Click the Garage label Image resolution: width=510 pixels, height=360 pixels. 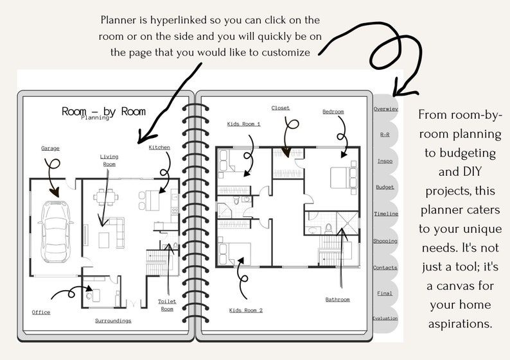click(x=50, y=148)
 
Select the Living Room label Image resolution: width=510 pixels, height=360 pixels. click(x=109, y=160)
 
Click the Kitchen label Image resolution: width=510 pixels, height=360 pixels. click(x=159, y=148)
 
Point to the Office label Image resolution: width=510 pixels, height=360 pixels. click(x=41, y=313)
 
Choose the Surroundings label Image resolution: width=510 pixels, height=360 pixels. click(x=113, y=320)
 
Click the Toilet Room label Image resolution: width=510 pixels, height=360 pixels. click(x=167, y=305)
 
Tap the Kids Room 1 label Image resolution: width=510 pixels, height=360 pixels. click(x=243, y=123)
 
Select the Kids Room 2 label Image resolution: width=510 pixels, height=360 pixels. click(x=246, y=310)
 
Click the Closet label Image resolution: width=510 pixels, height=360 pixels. click(x=281, y=108)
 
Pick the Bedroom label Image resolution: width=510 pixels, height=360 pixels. click(x=333, y=112)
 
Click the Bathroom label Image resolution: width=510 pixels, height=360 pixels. click(x=337, y=299)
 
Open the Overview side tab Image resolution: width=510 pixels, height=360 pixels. click(x=385, y=109)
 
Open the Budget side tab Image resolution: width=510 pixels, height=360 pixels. click(x=385, y=187)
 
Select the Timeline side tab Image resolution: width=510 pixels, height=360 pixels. click(x=385, y=214)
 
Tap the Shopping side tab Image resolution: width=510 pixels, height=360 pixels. click(x=385, y=241)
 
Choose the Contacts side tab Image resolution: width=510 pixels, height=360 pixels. click(x=385, y=268)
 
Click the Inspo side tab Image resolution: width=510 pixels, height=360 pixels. click(x=385, y=161)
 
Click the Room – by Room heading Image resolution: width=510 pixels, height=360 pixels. click(x=103, y=111)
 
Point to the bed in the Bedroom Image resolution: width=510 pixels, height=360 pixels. click(x=338, y=175)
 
